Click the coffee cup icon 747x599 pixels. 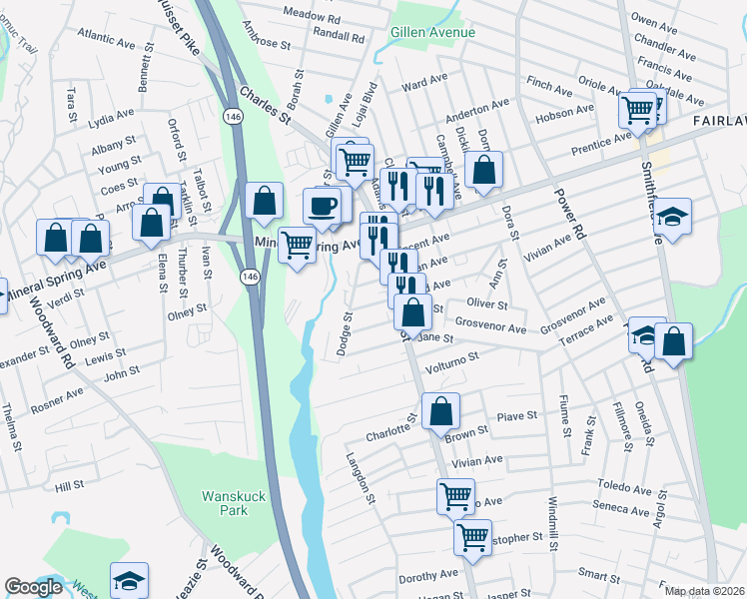[322, 207]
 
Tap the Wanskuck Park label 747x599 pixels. [224, 502]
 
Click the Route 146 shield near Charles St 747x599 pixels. [231, 117]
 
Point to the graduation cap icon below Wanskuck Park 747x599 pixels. [129, 582]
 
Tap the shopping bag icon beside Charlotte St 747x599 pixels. [440, 410]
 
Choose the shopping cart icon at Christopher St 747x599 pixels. [472, 536]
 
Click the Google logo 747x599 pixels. [33, 588]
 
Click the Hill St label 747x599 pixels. [70, 486]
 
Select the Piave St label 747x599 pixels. [517, 414]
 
